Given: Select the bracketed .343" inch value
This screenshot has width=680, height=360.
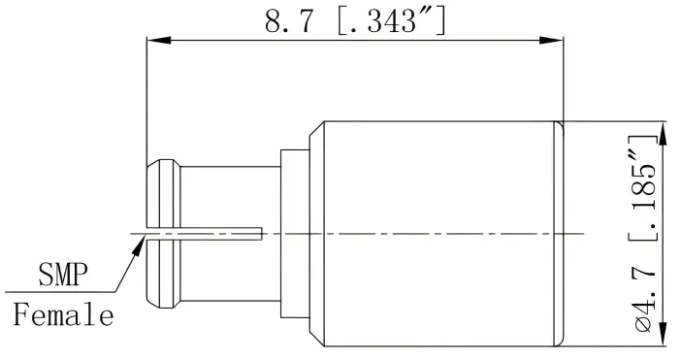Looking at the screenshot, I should [391, 20].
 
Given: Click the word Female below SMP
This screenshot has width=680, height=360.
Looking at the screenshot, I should [63, 315].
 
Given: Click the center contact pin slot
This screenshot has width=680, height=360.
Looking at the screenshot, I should [204, 232].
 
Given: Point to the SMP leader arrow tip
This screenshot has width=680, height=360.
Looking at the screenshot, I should [142, 237].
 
